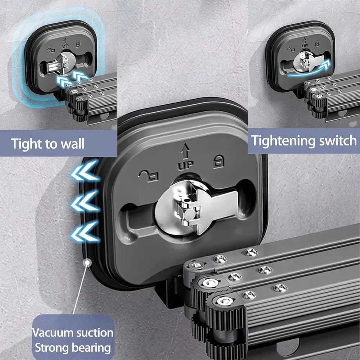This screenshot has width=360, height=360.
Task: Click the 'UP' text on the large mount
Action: click(x=185, y=165)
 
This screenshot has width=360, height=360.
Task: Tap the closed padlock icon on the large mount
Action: click(x=219, y=162)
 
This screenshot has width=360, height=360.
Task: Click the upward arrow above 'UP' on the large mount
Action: click(x=185, y=151)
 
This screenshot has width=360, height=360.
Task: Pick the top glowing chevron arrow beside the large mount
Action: click(x=85, y=171)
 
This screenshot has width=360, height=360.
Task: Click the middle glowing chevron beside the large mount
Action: click(x=85, y=201)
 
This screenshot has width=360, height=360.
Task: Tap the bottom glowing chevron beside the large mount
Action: click(x=85, y=232)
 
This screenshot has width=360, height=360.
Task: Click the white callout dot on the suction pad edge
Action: click(x=87, y=262)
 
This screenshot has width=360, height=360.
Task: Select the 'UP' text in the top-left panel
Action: click(x=66, y=46)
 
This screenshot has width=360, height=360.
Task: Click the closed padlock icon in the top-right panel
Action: click(x=317, y=44)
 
